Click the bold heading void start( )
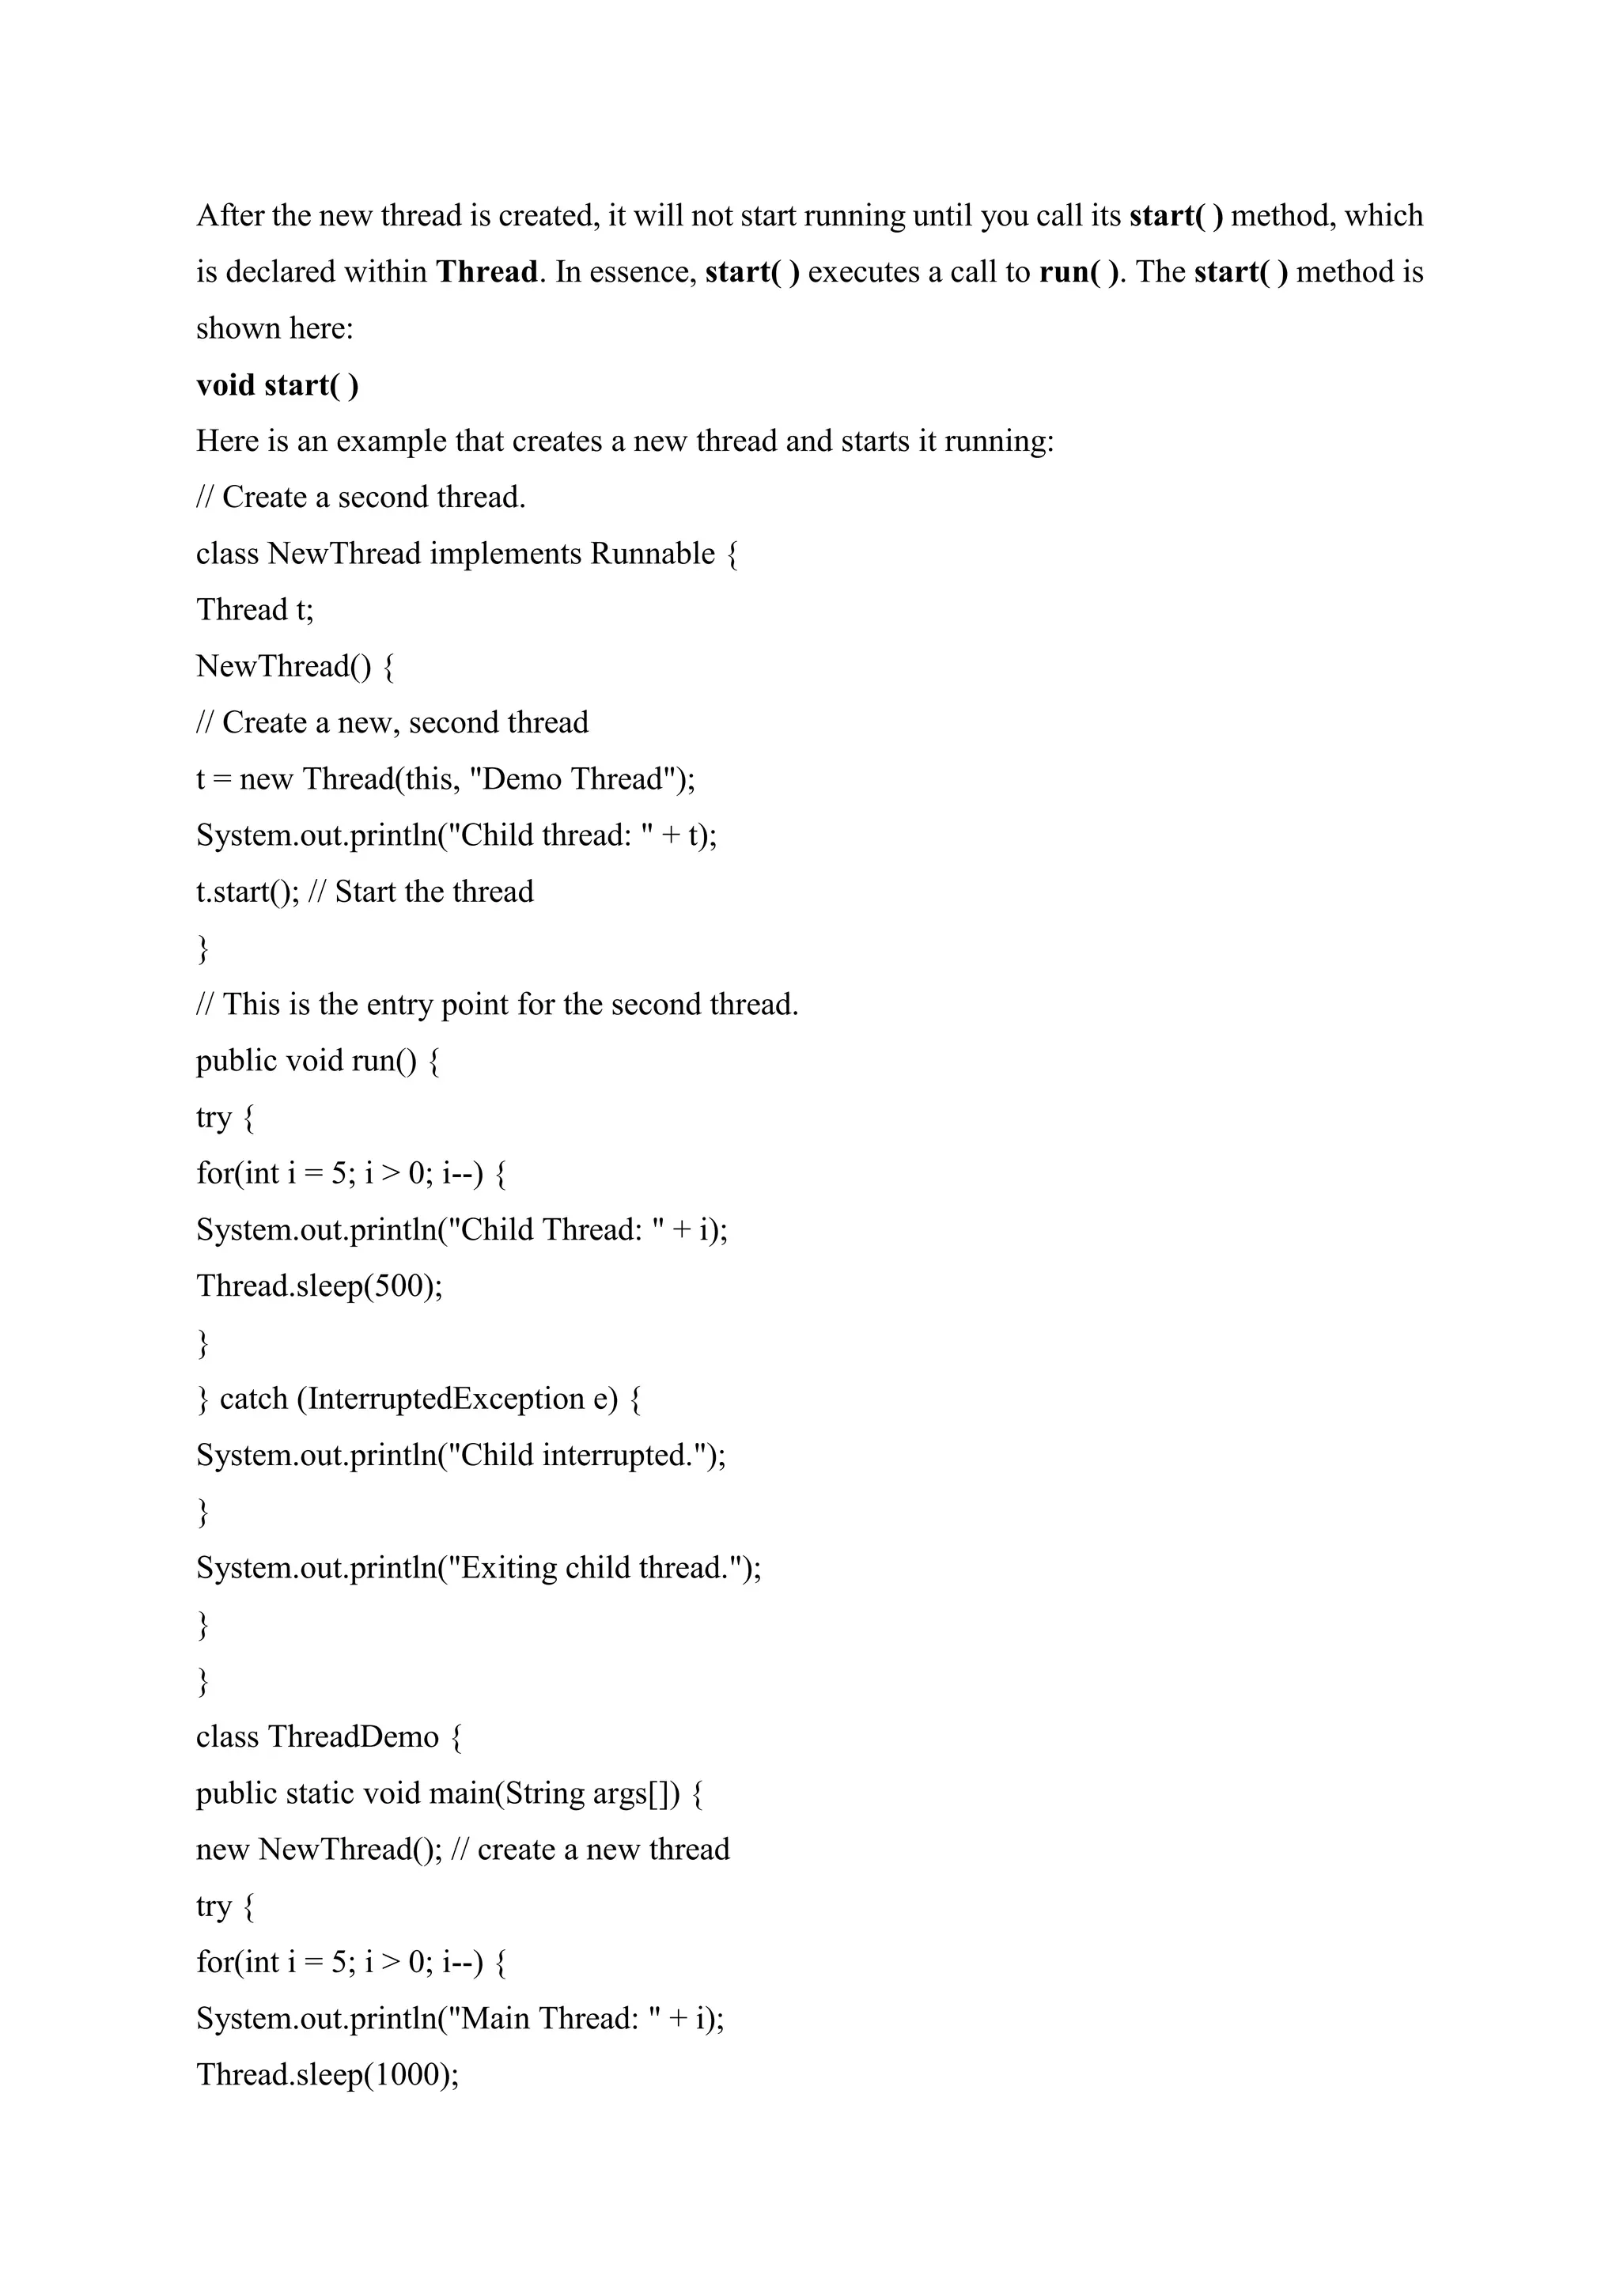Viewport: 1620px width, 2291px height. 278,385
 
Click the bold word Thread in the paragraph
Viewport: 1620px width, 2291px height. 486,272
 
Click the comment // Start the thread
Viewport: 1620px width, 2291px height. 420,892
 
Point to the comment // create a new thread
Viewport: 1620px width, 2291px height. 589,1850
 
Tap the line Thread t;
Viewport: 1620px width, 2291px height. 255,610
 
